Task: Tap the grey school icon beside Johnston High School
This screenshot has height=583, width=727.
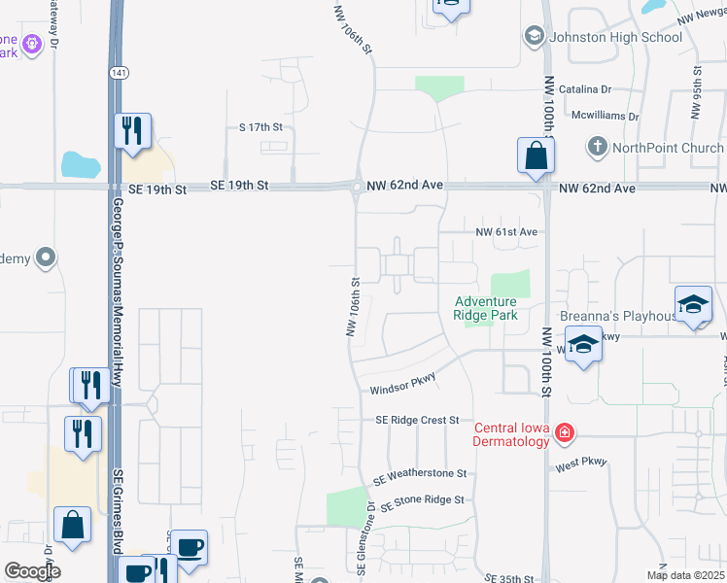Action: tap(534, 37)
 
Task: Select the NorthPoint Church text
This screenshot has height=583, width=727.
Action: tap(668, 148)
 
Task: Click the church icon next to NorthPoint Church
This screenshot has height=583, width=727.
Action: tap(597, 148)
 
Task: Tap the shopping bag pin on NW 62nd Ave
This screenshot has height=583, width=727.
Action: tap(536, 155)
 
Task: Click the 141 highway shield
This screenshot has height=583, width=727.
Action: tap(116, 73)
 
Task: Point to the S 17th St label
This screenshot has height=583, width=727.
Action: tap(260, 127)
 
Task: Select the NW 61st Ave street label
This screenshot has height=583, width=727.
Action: tap(506, 232)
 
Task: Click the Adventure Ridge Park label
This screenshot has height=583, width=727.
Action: tap(485, 308)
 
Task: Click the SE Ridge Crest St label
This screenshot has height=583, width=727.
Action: tap(417, 420)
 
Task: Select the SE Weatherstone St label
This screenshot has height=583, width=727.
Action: tap(420, 475)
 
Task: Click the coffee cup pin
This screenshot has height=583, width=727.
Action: tap(189, 547)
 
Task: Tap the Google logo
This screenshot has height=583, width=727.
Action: tap(32, 571)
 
